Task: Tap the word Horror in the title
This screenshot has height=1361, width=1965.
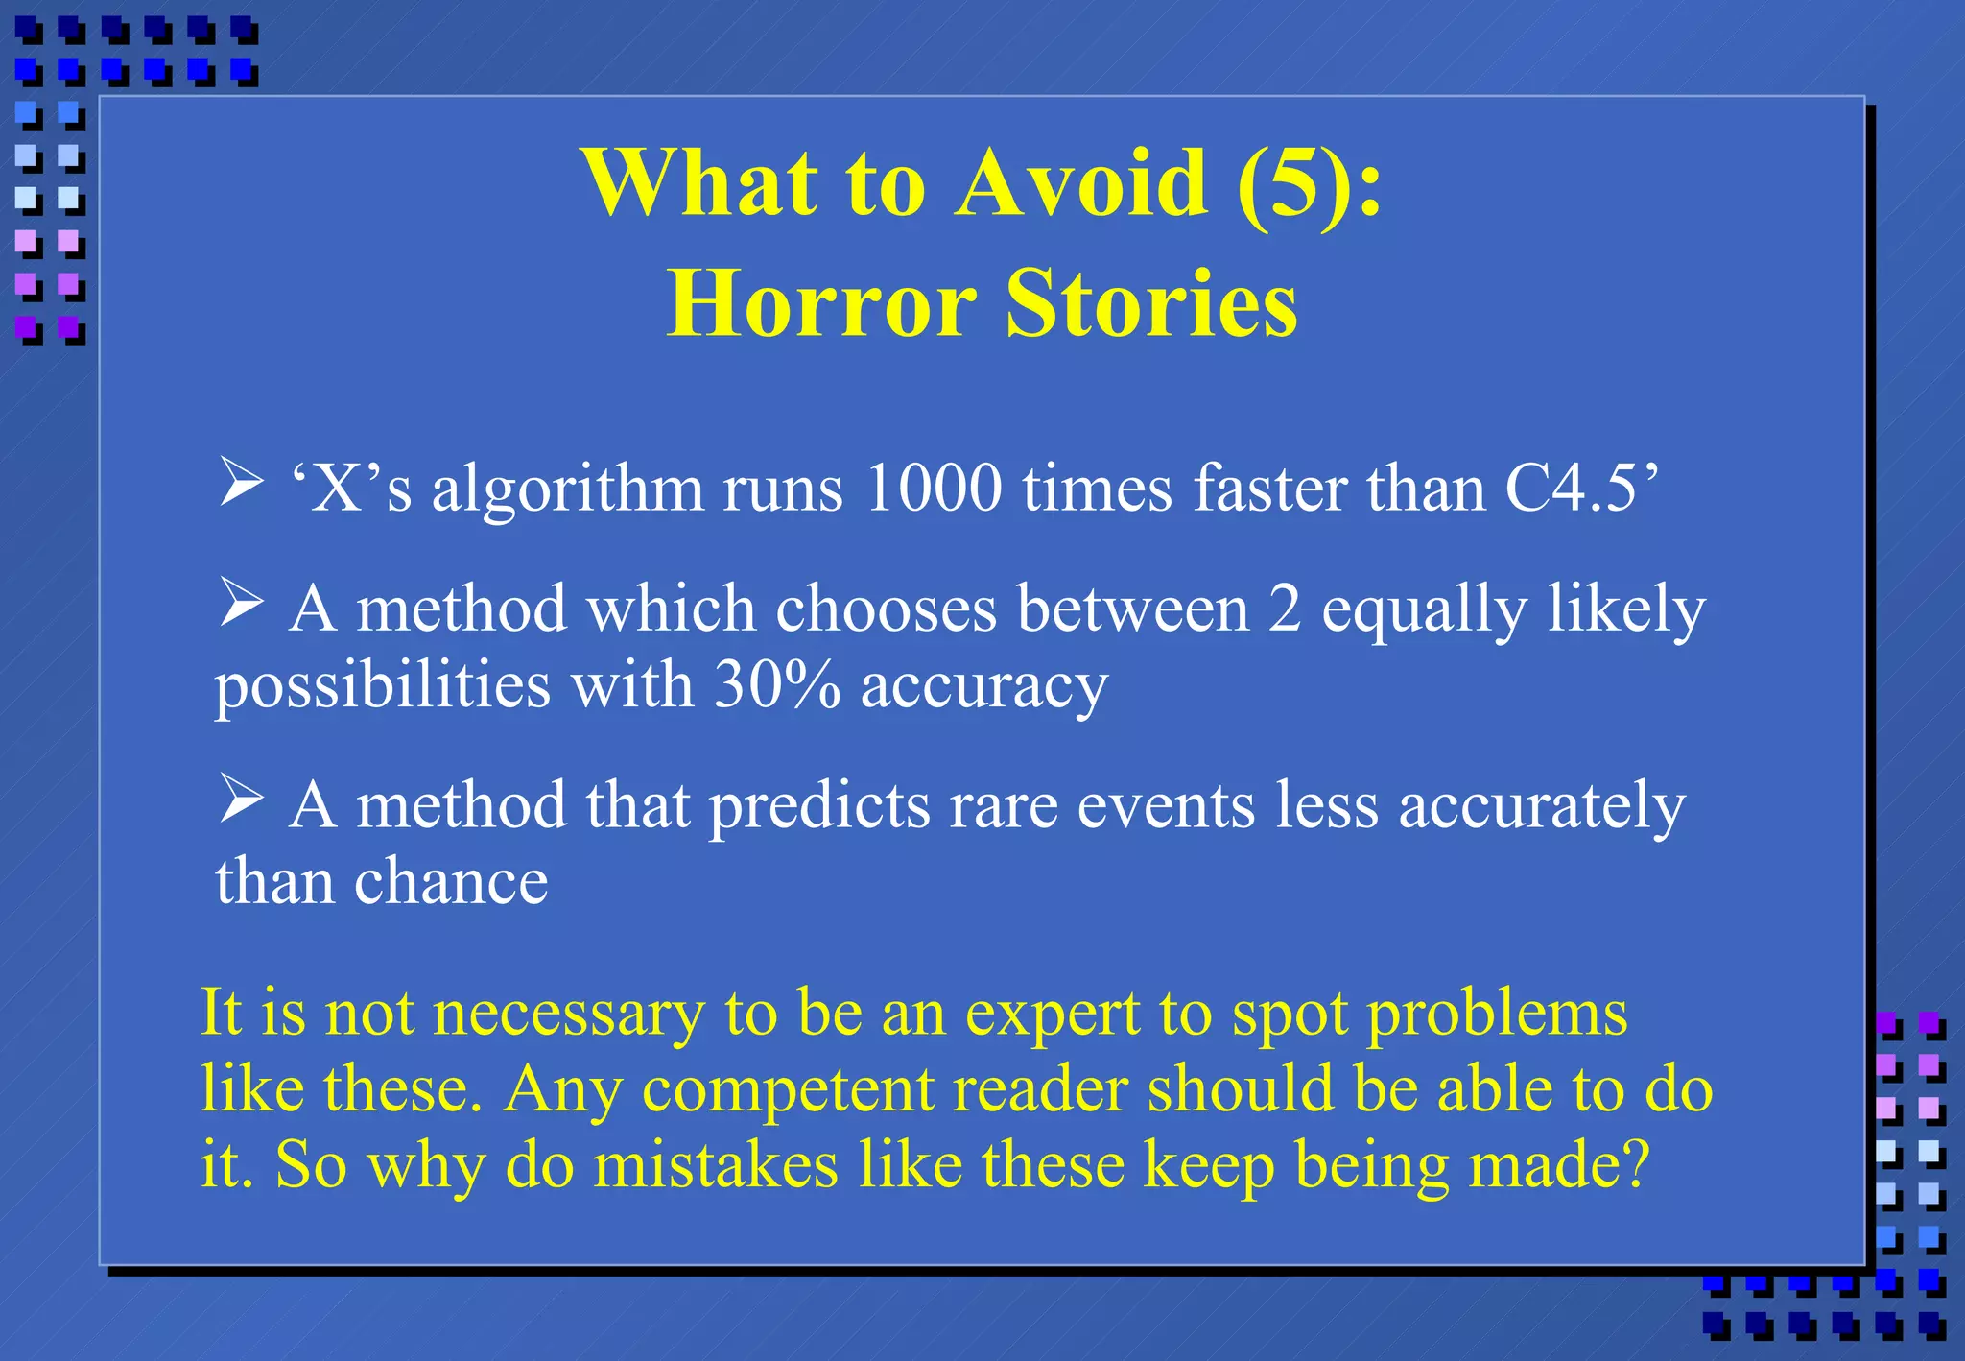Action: click(821, 303)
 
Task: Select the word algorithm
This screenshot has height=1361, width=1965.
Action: click(566, 489)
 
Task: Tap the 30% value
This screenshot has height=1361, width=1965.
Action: click(777, 685)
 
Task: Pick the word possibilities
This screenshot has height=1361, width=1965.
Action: click(382, 687)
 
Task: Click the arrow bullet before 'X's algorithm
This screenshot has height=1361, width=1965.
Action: click(241, 481)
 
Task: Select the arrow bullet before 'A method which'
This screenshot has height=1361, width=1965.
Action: click(241, 602)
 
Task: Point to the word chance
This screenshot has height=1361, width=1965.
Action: click(450, 881)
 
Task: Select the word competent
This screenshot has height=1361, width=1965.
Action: click(788, 1090)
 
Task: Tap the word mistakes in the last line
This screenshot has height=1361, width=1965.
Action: click(715, 1165)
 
